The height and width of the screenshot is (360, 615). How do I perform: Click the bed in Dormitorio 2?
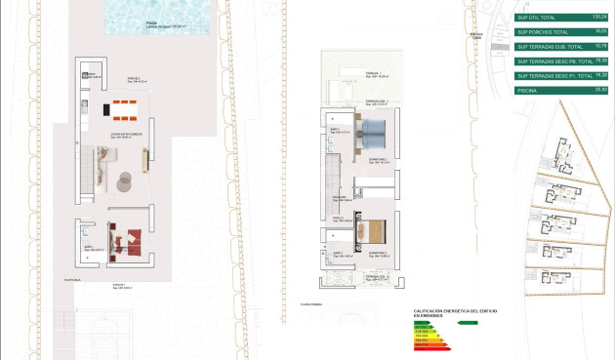click(375, 132)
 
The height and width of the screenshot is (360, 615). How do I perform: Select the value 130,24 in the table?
click(600, 17)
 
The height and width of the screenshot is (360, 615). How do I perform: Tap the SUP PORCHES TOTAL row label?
click(543, 31)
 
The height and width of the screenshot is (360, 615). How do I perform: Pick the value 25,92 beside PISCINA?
click(600, 90)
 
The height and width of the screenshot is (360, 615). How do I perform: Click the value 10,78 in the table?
click(600, 46)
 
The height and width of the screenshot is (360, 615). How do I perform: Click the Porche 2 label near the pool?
click(133, 80)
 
